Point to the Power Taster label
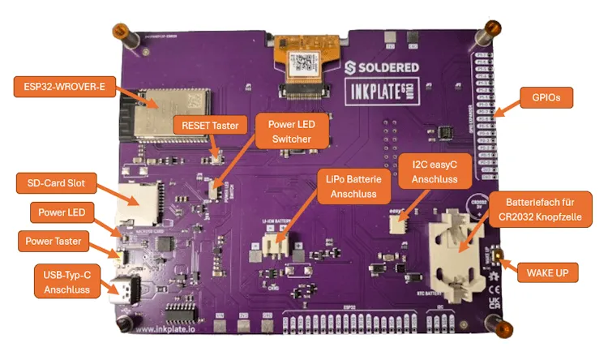[55, 240]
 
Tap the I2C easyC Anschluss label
[430, 172]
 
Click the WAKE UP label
[548, 272]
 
